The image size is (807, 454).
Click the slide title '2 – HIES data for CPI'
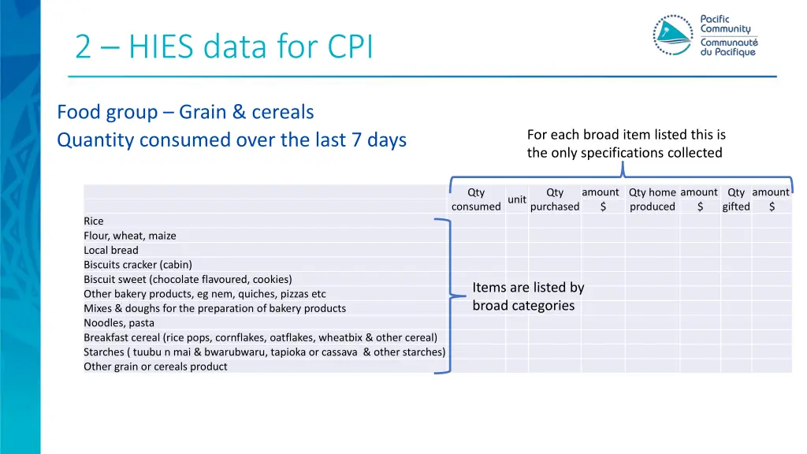tap(224, 47)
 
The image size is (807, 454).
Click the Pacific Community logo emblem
tap(672, 35)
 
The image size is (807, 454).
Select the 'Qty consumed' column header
tap(476, 199)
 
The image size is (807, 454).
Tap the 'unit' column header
tap(517, 199)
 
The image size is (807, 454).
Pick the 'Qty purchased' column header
tap(555, 199)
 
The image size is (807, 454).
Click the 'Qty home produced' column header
tap(652, 199)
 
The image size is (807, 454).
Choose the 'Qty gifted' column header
tap(736, 199)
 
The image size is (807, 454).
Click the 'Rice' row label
tap(94, 221)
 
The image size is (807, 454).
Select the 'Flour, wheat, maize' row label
tap(130, 236)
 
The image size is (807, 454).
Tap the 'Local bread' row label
tap(111, 250)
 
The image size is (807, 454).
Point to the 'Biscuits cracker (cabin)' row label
tap(138, 265)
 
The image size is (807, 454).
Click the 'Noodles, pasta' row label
tap(119, 322)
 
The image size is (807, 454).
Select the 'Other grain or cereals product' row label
tap(155, 367)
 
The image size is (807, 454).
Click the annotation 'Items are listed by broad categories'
tap(528, 296)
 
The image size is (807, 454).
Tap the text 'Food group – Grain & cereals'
tap(185, 112)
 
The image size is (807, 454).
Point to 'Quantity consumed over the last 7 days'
tap(232, 140)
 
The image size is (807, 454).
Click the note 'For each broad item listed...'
tap(626, 143)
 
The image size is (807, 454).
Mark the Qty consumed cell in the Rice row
tap(476, 221)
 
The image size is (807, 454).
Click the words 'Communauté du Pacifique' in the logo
tap(728, 47)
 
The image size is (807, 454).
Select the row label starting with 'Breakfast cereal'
tap(260, 337)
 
